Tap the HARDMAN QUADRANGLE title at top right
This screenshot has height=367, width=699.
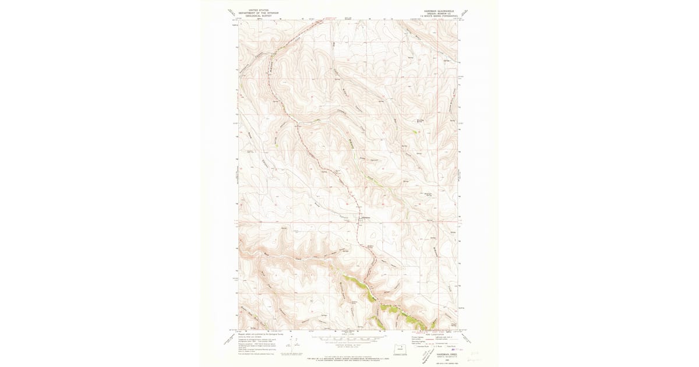tap(437, 10)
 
